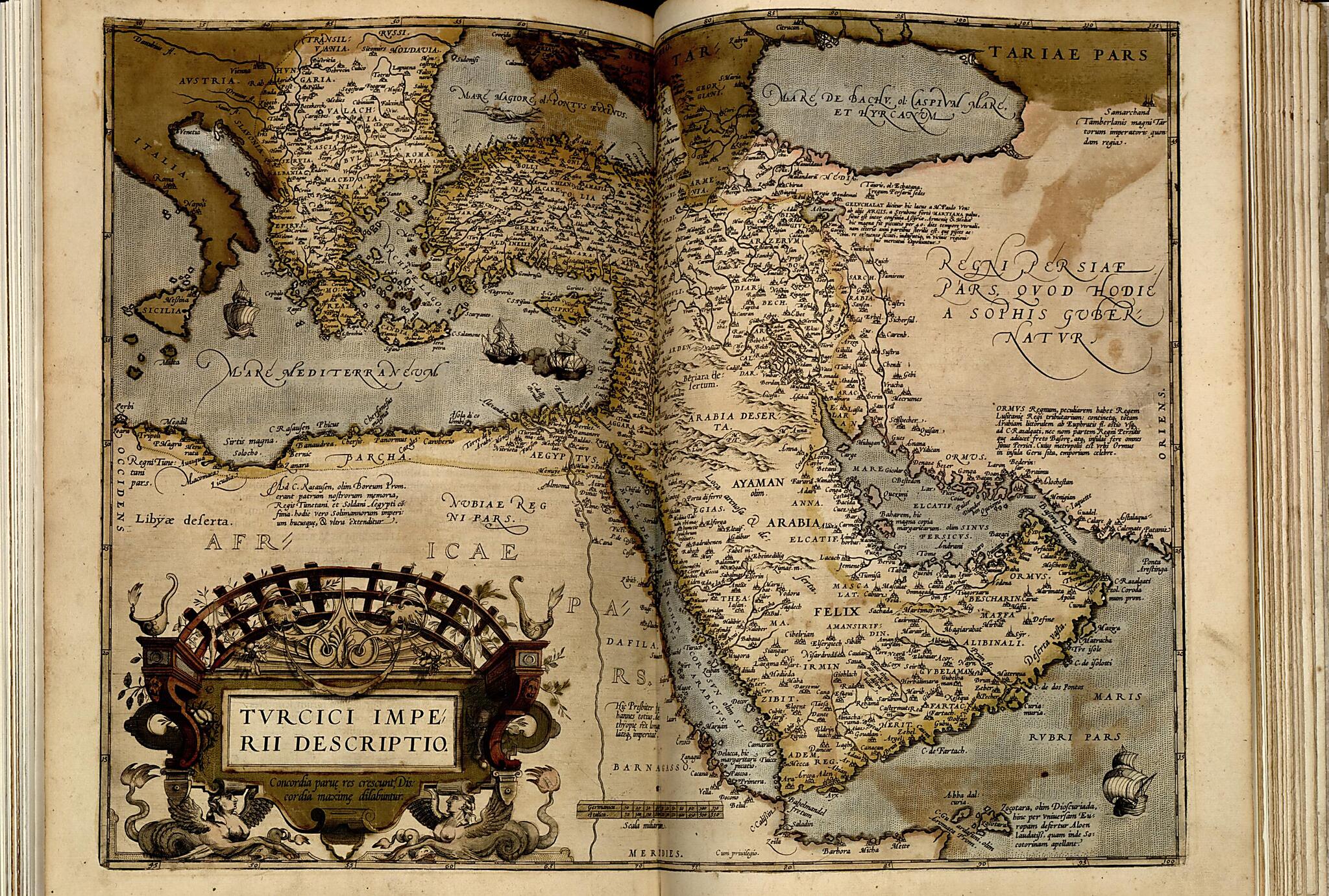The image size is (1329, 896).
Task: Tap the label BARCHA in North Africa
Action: tap(373, 456)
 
